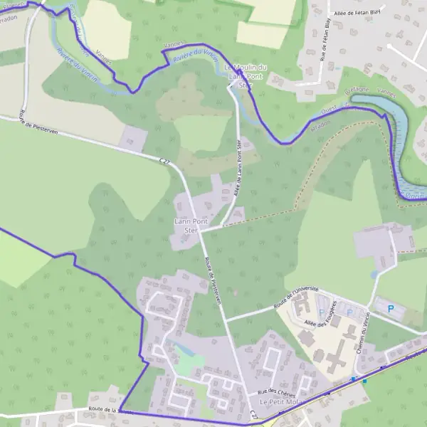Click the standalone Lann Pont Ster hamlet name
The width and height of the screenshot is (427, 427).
click(x=191, y=226)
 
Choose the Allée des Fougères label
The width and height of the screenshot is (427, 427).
click(x=324, y=325)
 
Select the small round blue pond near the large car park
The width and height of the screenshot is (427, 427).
click(x=374, y=274)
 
